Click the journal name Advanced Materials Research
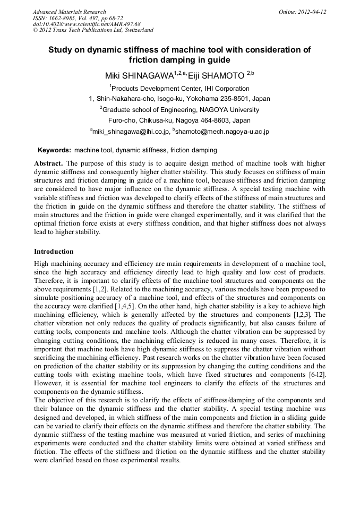pyautogui.click(x=69, y=12)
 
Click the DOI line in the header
pyautogui.click(x=87, y=24)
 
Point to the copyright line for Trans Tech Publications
pyautogui.click(x=93, y=30)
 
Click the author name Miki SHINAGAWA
pyautogui.click(x=139, y=76)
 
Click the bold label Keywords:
pyautogui.click(x=54, y=150)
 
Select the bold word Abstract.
pyautogui.click(x=48, y=163)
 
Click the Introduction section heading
pyautogui.click(x=54, y=251)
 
